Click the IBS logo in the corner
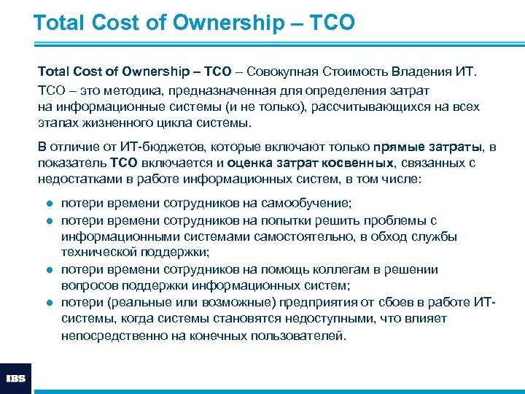(15, 378)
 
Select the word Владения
(420, 72)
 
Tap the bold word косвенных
(362, 163)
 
